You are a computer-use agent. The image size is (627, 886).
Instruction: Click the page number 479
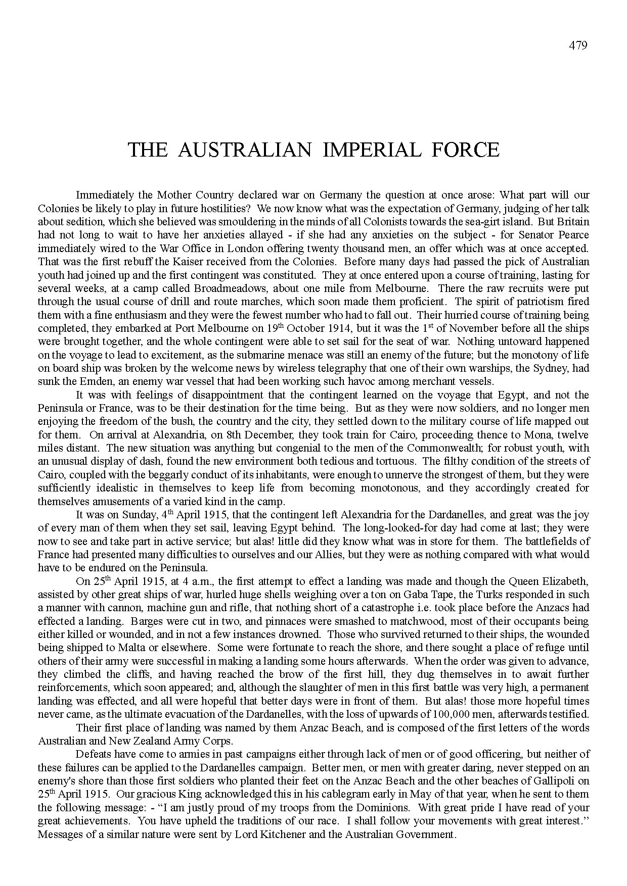(578, 45)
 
